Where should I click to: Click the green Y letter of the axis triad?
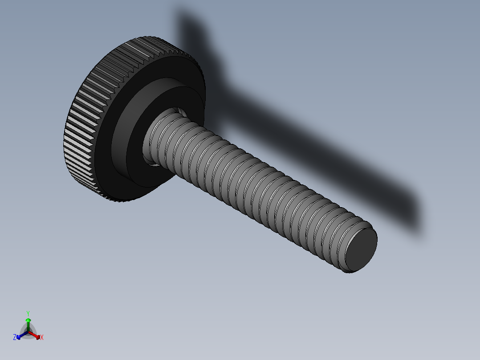28,313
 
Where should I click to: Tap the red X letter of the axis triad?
41,338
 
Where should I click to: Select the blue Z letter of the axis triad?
15,337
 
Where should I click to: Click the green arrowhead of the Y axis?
28,320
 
